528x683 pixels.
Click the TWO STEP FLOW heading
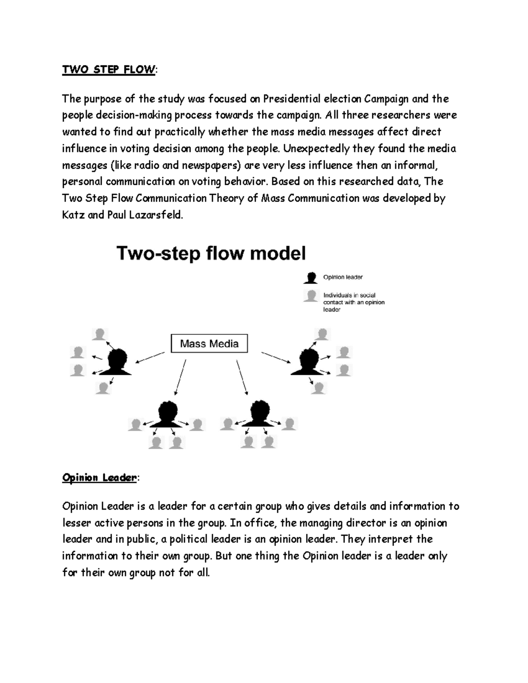pyautogui.click(x=108, y=70)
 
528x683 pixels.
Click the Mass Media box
pyautogui.click(x=209, y=343)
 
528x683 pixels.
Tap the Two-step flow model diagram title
pyautogui.click(x=211, y=254)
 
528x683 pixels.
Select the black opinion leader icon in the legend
pyautogui.click(x=311, y=278)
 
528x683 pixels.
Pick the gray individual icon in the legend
pyautogui.click(x=311, y=296)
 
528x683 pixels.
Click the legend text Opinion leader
pyautogui.click(x=343, y=278)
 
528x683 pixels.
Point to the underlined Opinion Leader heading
pyautogui.click(x=99, y=478)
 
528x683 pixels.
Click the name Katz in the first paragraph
pyautogui.click(x=73, y=215)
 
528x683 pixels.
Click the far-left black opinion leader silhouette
pyautogui.click(x=116, y=362)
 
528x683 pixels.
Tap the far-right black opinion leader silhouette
pyautogui.click(x=306, y=362)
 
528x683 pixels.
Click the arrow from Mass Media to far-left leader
pyautogui.click(x=150, y=358)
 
